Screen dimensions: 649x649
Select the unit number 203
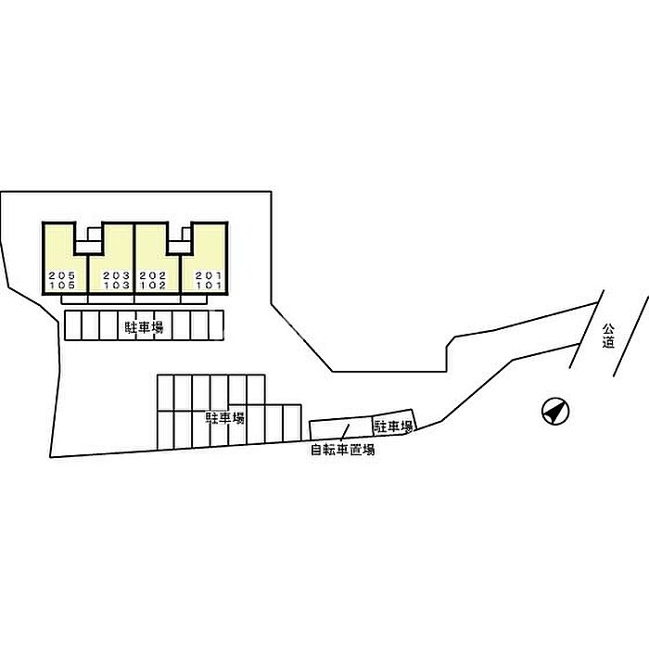pyautogui.click(x=116, y=275)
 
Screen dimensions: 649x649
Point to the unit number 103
pyautogui.click(x=116, y=285)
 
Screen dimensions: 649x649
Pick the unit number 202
pyautogui.click(x=152, y=275)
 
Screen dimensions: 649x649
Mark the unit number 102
pyautogui.click(x=152, y=285)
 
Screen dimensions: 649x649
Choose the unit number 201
pyautogui.click(x=210, y=275)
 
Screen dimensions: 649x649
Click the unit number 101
pyautogui.click(x=210, y=285)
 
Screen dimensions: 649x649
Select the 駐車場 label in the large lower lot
pyautogui.click(x=224, y=419)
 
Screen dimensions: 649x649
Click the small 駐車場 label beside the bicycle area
pyautogui.click(x=393, y=426)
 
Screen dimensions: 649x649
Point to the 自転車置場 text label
pyautogui.click(x=343, y=452)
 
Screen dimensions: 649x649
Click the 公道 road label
pyautogui.click(x=607, y=336)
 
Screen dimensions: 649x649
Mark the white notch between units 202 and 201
pyautogui.click(x=180, y=239)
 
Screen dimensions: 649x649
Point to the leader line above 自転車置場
pyautogui.click(x=344, y=432)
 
